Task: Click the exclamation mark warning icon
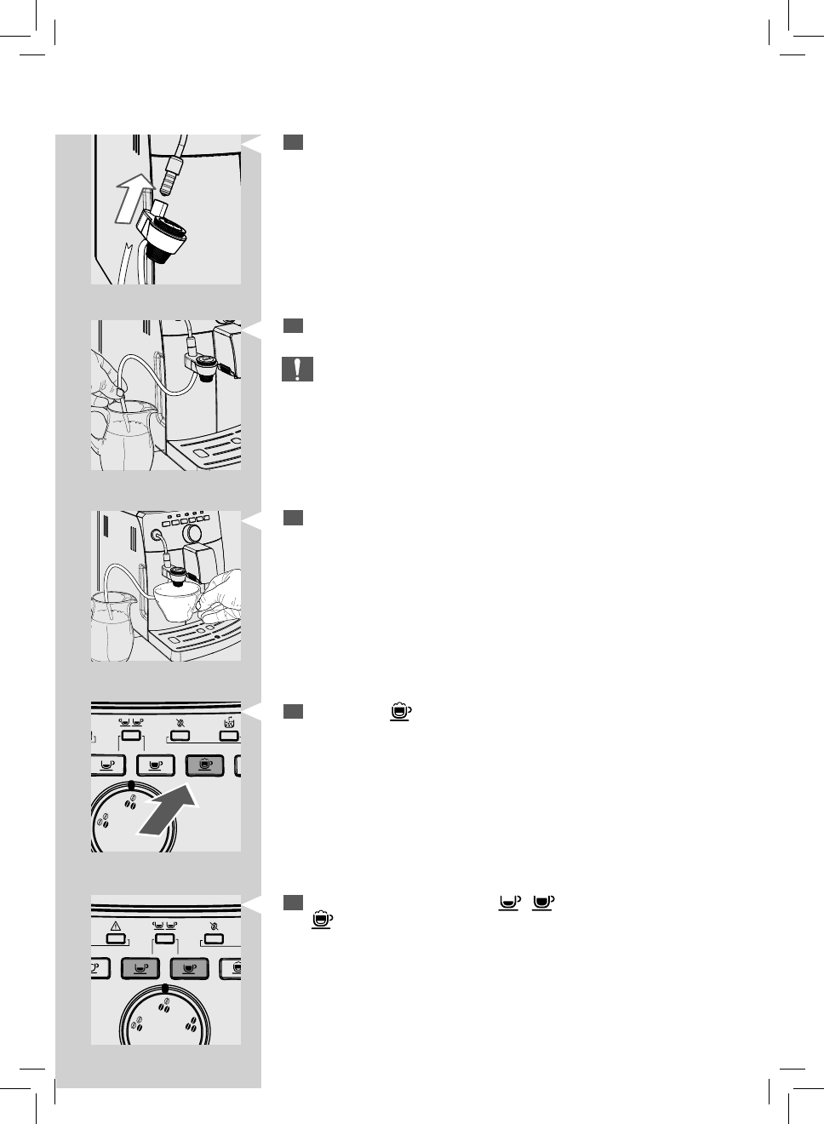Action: [x=297, y=370]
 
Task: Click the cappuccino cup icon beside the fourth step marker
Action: [x=400, y=711]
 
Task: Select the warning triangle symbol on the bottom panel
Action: [x=116, y=926]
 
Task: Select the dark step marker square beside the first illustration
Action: [x=293, y=142]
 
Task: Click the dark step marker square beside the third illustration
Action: [x=293, y=518]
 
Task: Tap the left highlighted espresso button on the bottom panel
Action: [x=140, y=968]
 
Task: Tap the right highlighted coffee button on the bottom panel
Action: [x=189, y=968]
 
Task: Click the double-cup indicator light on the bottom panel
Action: [x=164, y=939]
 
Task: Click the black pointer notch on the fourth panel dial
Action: [x=130, y=784]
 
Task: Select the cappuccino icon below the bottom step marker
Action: [x=322, y=920]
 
